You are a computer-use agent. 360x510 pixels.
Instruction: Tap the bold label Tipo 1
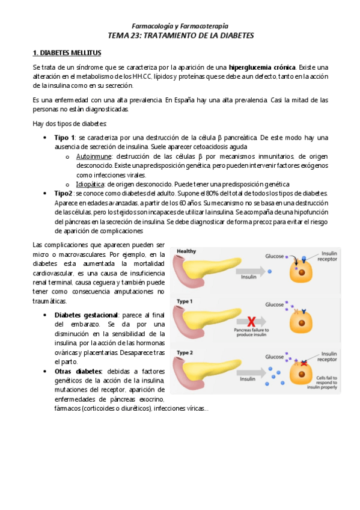[64, 138]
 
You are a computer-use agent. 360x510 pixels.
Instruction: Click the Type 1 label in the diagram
[185, 301]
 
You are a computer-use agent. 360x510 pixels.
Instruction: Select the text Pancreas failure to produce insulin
[252, 333]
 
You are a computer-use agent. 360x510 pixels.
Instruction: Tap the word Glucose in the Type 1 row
[274, 304]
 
